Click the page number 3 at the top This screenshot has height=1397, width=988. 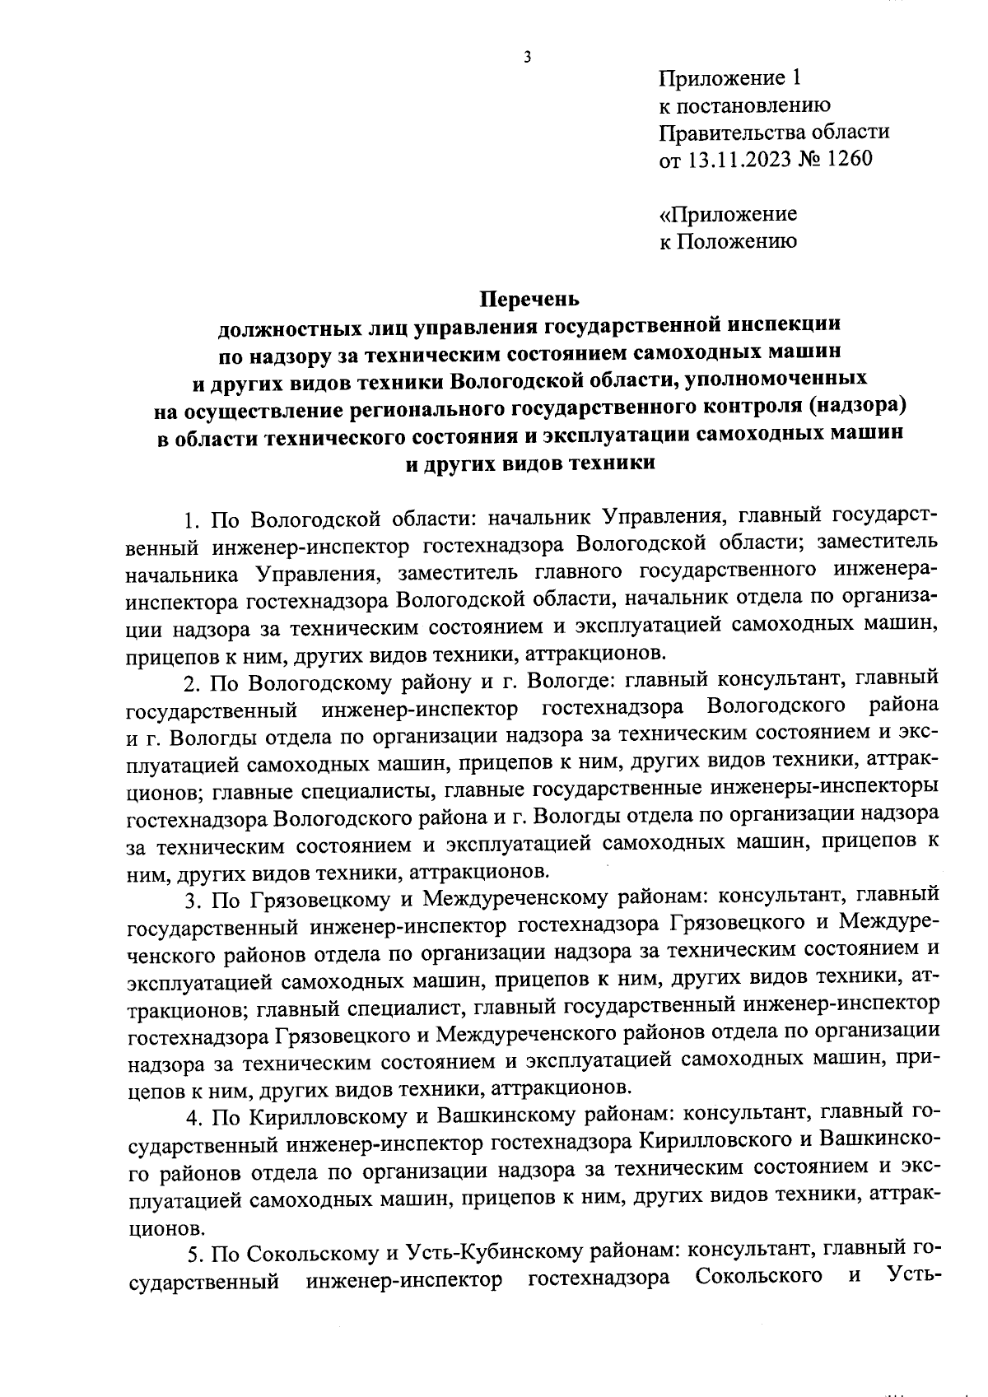tap(526, 57)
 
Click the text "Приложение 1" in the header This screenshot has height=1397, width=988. tap(729, 78)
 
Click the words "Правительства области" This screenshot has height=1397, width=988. tap(774, 132)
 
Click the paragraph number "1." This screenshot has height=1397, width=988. tap(193, 519)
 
